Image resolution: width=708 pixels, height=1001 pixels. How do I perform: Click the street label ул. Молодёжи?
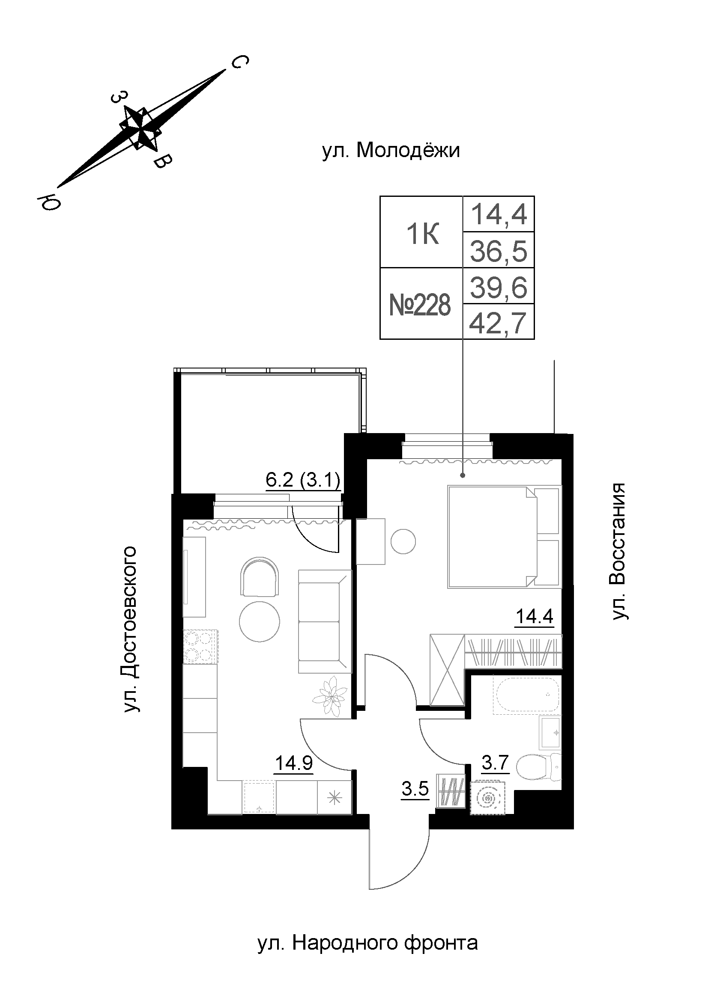(x=391, y=151)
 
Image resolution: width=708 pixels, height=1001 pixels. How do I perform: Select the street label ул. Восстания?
(x=618, y=551)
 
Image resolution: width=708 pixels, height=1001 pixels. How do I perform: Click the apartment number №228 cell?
(x=420, y=305)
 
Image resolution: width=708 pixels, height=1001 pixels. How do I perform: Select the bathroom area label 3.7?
(x=495, y=763)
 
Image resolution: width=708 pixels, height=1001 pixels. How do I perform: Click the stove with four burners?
(x=200, y=647)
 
